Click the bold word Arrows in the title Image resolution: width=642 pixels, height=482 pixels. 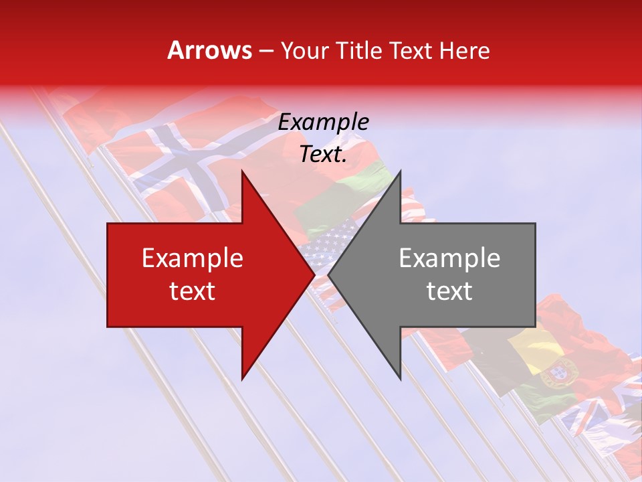coord(210,50)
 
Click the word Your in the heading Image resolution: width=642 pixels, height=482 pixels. coord(304,51)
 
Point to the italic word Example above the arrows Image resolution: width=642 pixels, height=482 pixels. coord(323,123)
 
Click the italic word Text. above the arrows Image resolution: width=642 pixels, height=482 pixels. coord(323,155)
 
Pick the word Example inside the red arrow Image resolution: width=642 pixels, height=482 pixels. coord(193,258)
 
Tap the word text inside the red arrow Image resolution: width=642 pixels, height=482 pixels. coord(193,291)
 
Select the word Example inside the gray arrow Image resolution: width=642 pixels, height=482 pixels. coord(449,258)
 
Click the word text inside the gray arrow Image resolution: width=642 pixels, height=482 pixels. coord(449,291)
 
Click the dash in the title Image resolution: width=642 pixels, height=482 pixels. coord(265,51)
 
